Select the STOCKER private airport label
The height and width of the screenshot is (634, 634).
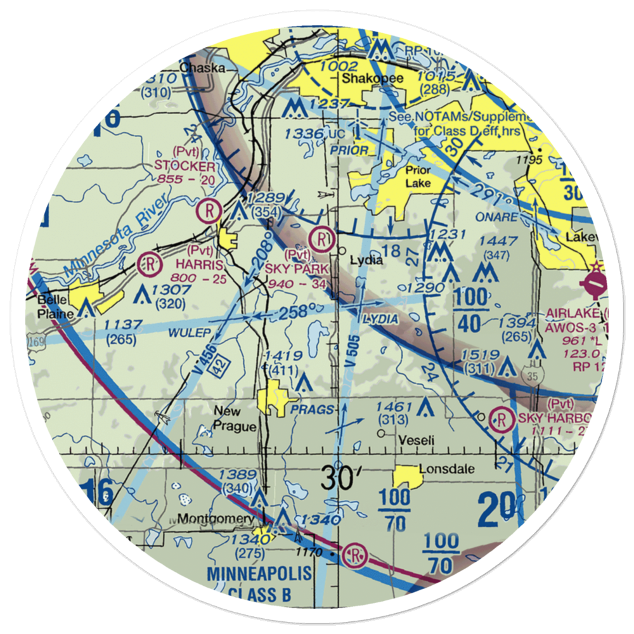tap(184, 166)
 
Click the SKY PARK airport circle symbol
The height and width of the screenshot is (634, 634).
tap(323, 239)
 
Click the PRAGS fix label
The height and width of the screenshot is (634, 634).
tap(312, 410)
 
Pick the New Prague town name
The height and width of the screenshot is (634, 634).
tap(235, 418)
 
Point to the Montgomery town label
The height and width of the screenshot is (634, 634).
tap(216, 519)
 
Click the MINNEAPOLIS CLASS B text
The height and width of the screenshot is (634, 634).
tap(260, 583)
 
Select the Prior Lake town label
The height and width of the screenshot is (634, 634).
tap(415, 177)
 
